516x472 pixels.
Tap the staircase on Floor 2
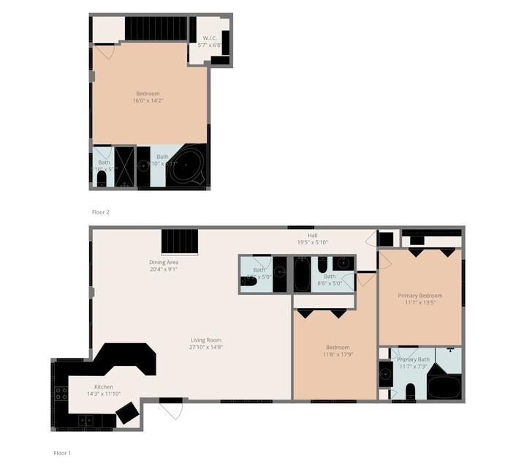[x=156, y=29]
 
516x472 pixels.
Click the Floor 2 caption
[x=100, y=212]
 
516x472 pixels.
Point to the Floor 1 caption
[x=62, y=453]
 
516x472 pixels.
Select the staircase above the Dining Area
[x=180, y=241]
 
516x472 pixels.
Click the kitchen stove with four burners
[x=62, y=396]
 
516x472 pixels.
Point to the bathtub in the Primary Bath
[x=444, y=386]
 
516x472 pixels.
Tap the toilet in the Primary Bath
[x=410, y=390]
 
